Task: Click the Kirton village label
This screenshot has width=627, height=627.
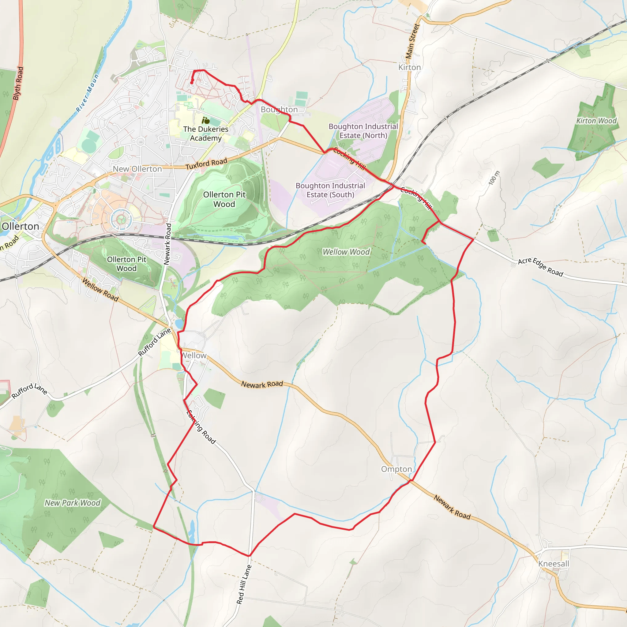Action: point(409,67)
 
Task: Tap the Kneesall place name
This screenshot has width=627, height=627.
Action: point(553,564)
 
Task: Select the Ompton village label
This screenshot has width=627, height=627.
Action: point(396,469)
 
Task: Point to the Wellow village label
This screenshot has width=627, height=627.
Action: point(194,356)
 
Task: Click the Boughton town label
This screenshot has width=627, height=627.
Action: point(279,109)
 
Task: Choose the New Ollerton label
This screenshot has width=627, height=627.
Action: point(137,169)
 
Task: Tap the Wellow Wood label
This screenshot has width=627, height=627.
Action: point(346,252)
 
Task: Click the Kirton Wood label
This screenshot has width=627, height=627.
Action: point(596,121)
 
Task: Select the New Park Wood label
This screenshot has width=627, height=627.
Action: point(72,503)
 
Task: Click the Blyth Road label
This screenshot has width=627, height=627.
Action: point(18,83)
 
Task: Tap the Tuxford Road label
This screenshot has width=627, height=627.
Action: point(206,164)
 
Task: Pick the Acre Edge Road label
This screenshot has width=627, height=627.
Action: point(540,267)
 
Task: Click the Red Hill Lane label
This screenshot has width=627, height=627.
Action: point(244,584)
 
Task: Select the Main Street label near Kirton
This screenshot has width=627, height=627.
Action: point(412,41)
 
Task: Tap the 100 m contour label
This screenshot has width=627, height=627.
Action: point(494,178)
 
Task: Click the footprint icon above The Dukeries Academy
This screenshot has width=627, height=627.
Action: point(205,121)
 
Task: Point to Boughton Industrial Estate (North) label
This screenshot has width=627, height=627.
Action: point(363,131)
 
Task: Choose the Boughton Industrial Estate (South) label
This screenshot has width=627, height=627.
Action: point(330,190)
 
